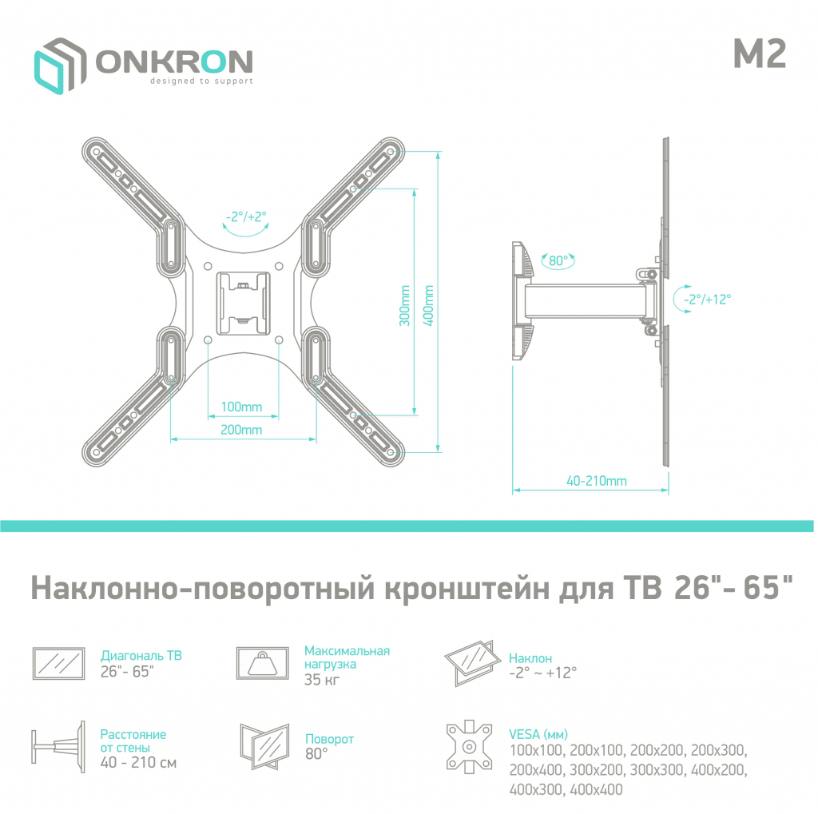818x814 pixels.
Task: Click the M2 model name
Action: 759,54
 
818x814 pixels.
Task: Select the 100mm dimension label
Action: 241,407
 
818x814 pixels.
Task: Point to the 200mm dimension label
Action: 241,431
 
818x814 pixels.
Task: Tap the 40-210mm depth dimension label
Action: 596,481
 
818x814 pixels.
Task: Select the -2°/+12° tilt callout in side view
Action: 707,299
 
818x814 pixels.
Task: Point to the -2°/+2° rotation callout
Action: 245,216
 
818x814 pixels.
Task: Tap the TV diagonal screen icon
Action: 58,663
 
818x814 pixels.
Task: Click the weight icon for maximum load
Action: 261,663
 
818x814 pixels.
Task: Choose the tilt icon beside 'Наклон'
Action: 469,661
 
